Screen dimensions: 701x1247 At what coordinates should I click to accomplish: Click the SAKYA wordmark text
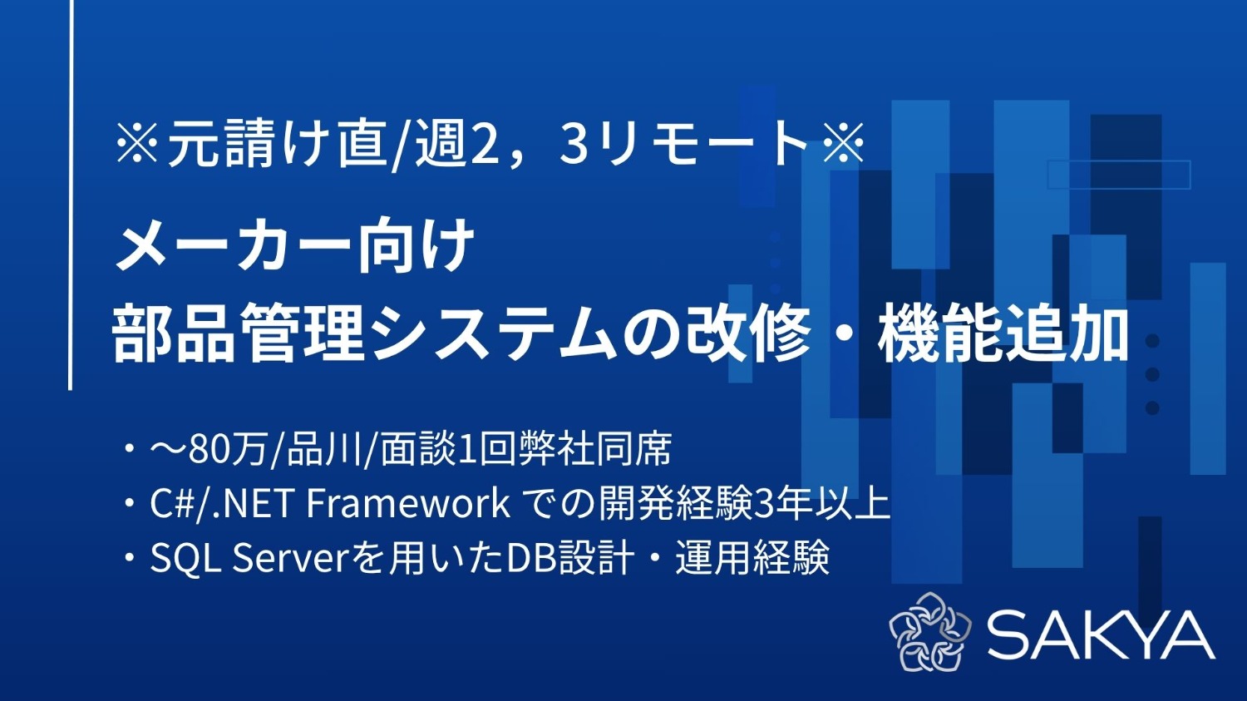pos(1101,634)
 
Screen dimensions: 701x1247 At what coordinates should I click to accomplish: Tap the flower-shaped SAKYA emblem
pos(929,632)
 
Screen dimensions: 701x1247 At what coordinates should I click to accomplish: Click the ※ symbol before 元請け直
pos(138,142)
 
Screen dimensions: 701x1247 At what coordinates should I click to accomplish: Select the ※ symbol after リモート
pos(843,142)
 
